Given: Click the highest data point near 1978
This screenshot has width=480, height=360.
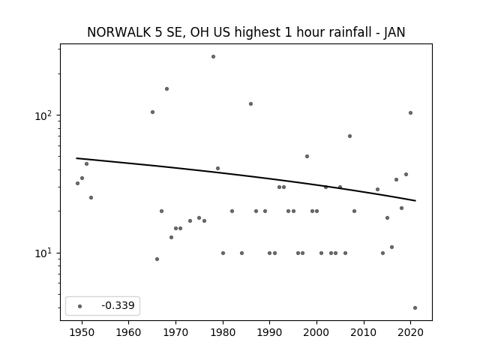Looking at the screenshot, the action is click(213, 57).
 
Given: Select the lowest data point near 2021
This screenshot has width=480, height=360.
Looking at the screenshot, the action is click(415, 308).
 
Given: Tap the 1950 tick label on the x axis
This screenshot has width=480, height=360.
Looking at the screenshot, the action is click(82, 333).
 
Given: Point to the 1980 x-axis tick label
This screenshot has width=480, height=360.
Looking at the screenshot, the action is click(223, 333).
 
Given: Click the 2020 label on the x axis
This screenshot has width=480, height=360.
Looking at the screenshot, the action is click(411, 333).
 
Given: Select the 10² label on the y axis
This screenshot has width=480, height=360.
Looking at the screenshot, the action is click(45, 115).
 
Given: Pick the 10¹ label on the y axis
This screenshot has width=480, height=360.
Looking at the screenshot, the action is click(45, 253).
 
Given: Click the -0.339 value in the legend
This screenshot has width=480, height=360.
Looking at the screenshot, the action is click(118, 305).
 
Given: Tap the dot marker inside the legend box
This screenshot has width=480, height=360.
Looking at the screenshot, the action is click(80, 307).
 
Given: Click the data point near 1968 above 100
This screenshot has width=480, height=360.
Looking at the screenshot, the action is click(166, 89).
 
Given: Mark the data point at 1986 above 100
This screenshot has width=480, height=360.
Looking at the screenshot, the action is click(251, 104).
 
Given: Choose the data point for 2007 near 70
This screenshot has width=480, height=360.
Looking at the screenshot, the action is click(350, 136).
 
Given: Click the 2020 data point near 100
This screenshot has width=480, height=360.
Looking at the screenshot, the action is click(411, 113).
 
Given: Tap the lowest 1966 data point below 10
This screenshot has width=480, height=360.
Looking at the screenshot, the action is click(157, 259).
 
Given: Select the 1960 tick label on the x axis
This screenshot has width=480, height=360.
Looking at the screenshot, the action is click(128, 333).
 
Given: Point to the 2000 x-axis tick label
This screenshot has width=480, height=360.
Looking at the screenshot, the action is click(316, 333).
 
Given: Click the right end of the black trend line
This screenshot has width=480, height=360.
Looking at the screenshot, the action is click(415, 201).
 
